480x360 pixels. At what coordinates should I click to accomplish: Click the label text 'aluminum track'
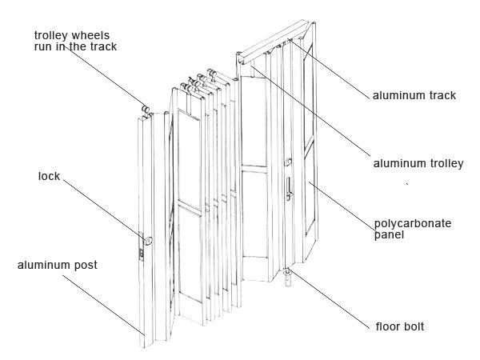[414, 95]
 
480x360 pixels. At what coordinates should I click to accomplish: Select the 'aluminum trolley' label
[418, 163]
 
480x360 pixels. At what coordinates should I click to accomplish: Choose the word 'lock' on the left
[49, 174]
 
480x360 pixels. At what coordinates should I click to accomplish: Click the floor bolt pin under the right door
[287, 278]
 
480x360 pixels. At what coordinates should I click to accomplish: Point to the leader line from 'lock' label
[100, 207]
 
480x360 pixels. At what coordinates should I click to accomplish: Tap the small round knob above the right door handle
[287, 163]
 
